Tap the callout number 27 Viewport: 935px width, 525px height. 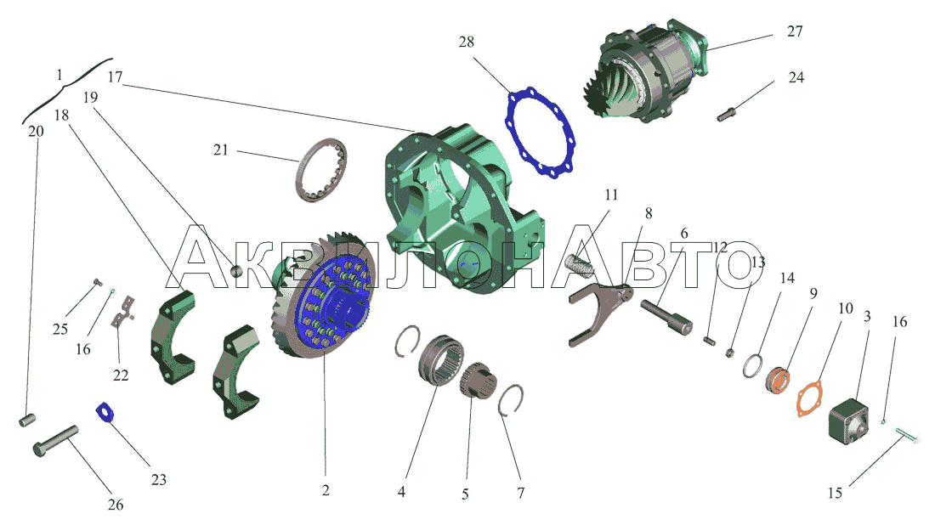pos(795,31)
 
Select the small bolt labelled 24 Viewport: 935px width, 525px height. pos(726,114)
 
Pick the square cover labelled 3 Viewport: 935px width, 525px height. pos(849,421)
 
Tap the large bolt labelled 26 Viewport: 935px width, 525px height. pos(55,441)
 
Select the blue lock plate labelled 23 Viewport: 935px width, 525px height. pos(105,412)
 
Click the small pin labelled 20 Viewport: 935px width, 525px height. pos(27,421)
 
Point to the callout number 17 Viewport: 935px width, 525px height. pos(115,76)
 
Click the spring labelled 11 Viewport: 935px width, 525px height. pos(578,264)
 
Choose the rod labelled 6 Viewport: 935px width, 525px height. pos(666,317)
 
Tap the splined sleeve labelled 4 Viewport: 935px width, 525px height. pos(441,360)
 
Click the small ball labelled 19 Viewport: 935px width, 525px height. pos(237,270)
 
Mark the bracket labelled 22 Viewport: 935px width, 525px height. pos(122,313)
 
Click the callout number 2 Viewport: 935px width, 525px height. pos(326,490)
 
